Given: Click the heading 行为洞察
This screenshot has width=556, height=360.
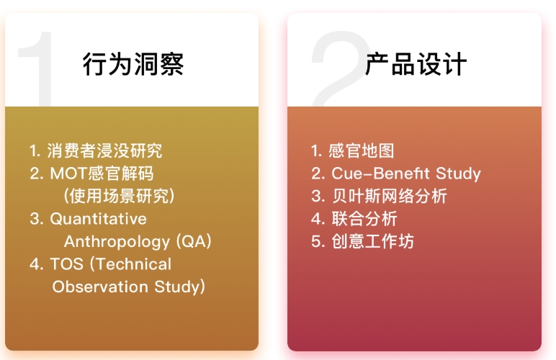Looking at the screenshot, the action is point(133,64).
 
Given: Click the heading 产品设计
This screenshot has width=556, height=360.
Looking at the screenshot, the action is point(416,64).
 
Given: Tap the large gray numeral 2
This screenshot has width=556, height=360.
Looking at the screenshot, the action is point(340,68).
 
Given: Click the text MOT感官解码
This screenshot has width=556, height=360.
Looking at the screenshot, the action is point(102,174).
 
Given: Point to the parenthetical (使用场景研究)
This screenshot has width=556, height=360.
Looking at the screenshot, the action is point(119,196).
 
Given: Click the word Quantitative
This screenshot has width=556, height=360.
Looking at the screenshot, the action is point(98,219).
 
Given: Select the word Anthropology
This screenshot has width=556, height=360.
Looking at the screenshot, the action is point(117,242).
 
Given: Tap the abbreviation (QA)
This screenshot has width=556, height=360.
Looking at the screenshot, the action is point(194,241).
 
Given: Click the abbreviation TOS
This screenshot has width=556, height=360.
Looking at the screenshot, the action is point(67,264).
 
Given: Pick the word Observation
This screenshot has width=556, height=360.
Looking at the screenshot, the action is point(100,287).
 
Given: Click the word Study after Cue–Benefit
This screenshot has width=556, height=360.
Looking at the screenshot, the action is point(458,174).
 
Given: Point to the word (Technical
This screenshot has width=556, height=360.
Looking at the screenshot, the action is point(130,264).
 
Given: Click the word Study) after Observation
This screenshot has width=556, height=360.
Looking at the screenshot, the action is point(180,287).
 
